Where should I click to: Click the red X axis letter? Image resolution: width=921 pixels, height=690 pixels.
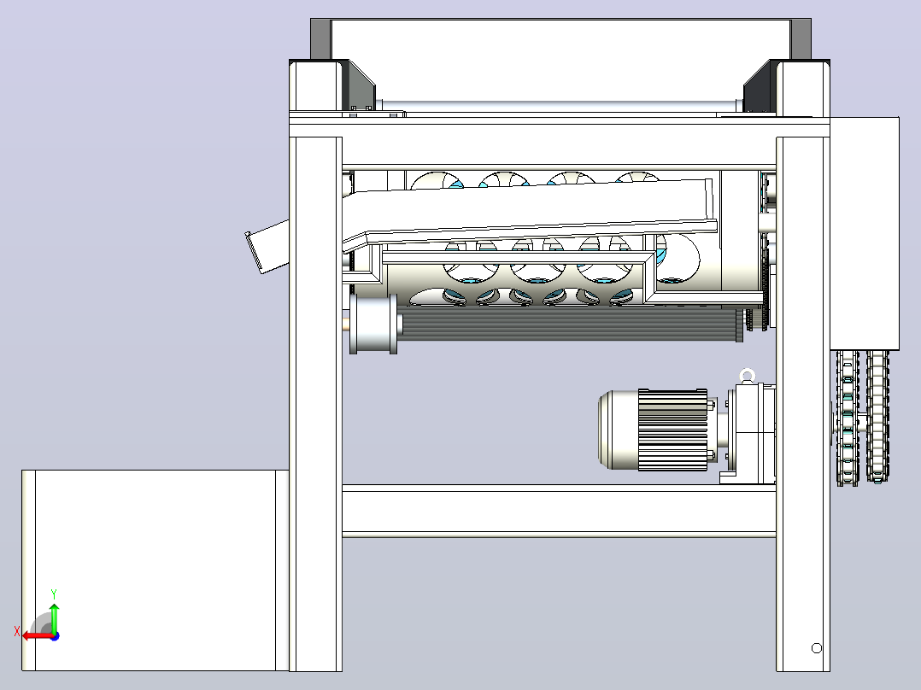(17, 632)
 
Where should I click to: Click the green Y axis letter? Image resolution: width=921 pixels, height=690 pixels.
(54, 594)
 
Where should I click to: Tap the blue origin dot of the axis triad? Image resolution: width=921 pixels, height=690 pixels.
(55, 635)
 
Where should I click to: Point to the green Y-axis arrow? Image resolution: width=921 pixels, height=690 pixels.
(54, 617)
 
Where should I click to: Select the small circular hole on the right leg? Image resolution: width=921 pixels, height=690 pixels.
(816, 648)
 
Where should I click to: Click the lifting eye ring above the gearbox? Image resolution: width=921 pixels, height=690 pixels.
(747, 375)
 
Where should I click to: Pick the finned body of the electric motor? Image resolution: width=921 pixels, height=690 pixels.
(672, 430)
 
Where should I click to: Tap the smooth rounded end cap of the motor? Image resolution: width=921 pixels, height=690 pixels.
(618, 430)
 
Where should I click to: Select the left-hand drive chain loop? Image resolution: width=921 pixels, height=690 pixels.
(848, 418)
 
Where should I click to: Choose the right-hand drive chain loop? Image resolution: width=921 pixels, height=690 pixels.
(877, 417)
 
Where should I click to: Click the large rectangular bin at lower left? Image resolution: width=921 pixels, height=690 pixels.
(155, 570)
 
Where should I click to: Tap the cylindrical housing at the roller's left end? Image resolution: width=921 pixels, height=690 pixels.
(373, 324)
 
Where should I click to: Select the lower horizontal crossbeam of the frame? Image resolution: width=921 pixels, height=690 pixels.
(559, 509)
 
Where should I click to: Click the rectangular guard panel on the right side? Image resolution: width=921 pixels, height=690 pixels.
(864, 234)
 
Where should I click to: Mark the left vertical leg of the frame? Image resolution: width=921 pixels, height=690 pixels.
(316, 404)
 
